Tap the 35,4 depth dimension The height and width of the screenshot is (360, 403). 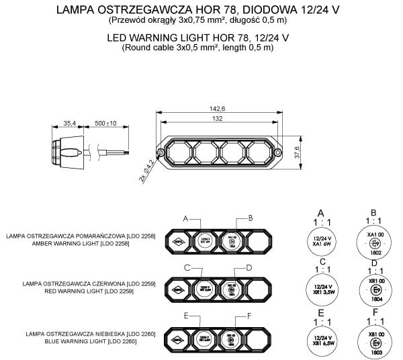click(x=69, y=124)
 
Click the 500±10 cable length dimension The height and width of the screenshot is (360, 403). click(x=105, y=124)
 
